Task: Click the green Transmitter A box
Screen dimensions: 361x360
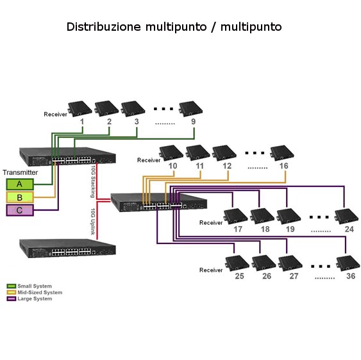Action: (x=20, y=184)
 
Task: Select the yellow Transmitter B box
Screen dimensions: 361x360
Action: (x=20, y=197)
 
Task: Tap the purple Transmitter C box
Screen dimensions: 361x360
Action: (x=20, y=210)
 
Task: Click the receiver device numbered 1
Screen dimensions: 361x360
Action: (x=80, y=108)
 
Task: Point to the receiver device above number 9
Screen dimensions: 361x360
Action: (x=191, y=108)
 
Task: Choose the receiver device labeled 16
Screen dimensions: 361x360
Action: (x=282, y=153)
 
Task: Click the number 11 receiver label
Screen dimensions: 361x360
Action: (x=199, y=166)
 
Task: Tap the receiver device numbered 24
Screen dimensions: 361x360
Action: (x=346, y=217)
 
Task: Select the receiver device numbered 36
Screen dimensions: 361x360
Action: (x=348, y=263)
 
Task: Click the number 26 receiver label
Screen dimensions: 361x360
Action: (x=267, y=276)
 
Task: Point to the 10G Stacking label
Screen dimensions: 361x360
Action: (x=93, y=181)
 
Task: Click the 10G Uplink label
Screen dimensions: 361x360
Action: (x=93, y=222)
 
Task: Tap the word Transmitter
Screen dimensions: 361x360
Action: (x=21, y=172)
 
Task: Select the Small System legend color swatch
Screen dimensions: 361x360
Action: (x=12, y=286)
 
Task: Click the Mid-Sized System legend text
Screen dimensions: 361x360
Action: (x=40, y=292)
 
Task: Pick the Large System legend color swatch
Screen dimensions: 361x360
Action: (x=12, y=299)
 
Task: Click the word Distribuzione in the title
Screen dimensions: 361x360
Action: (x=104, y=27)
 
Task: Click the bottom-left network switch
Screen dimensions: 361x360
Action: (x=67, y=248)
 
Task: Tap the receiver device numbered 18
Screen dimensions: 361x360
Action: (x=262, y=217)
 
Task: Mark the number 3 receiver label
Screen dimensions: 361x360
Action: (x=137, y=122)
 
